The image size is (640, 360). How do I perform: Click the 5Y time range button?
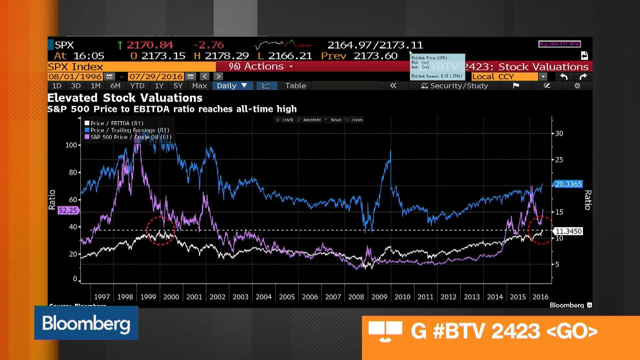click(x=178, y=86)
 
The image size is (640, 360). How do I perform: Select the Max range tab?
click(x=199, y=86)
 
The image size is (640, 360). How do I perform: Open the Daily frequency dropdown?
click(x=232, y=86)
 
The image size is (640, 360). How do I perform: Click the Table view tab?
click(x=295, y=86)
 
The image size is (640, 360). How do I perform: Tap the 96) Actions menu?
click(x=260, y=66)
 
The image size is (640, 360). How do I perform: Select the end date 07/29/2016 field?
click(x=156, y=76)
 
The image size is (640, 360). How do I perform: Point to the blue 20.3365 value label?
click(x=568, y=184)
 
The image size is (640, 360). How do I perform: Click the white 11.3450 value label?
click(x=568, y=231)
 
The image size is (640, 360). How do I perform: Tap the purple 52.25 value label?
click(x=68, y=210)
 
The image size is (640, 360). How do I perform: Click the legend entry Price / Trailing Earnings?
click(x=130, y=130)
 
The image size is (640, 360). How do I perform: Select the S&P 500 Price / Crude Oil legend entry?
click(x=131, y=137)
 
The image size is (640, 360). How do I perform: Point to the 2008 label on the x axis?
click(x=356, y=297)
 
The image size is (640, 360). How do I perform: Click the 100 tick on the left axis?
click(x=71, y=145)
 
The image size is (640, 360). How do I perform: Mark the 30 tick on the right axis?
click(x=559, y=133)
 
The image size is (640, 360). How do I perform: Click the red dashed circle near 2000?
click(x=161, y=231)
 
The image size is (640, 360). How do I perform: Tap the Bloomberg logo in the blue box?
click(x=86, y=323)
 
